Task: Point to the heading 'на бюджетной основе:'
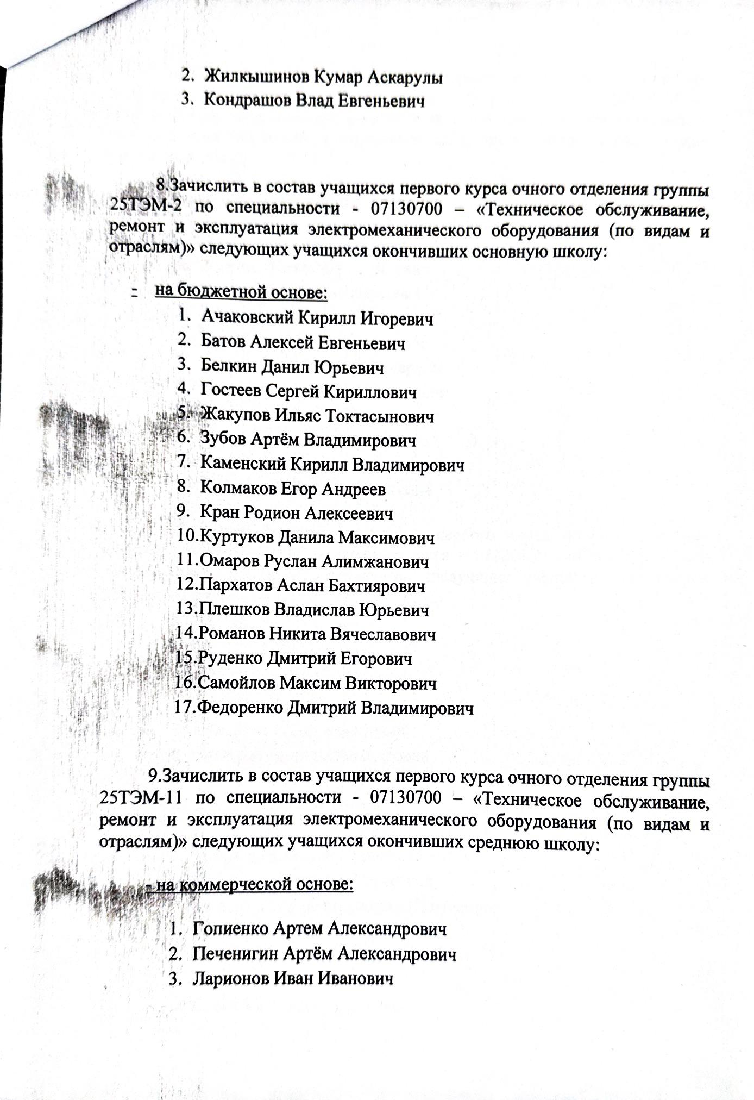click(241, 292)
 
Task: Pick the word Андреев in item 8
click(354, 489)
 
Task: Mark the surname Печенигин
click(236, 954)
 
